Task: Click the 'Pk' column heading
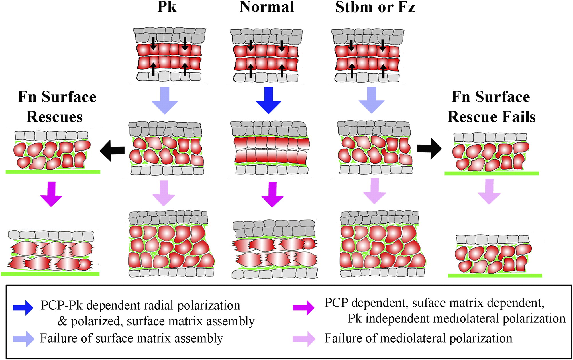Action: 167,7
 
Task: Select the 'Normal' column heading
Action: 267,7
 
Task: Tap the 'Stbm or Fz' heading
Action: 375,7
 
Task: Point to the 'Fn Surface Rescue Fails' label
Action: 491,107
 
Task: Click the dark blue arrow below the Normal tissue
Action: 268,100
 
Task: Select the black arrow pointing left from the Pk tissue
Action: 112,150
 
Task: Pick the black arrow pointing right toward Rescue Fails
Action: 429,149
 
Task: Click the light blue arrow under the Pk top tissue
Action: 165,100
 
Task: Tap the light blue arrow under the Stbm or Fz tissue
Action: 372,100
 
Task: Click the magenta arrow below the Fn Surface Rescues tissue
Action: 51,194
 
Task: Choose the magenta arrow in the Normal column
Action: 272,194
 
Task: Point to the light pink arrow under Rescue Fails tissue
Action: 489,191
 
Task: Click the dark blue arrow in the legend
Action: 23,308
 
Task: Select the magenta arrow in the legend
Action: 303,308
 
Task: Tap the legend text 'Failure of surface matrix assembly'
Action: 131,338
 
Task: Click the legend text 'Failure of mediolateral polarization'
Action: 418,338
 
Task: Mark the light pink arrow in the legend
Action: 304,339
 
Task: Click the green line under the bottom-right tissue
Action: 495,275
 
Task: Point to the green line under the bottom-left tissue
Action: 50,274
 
